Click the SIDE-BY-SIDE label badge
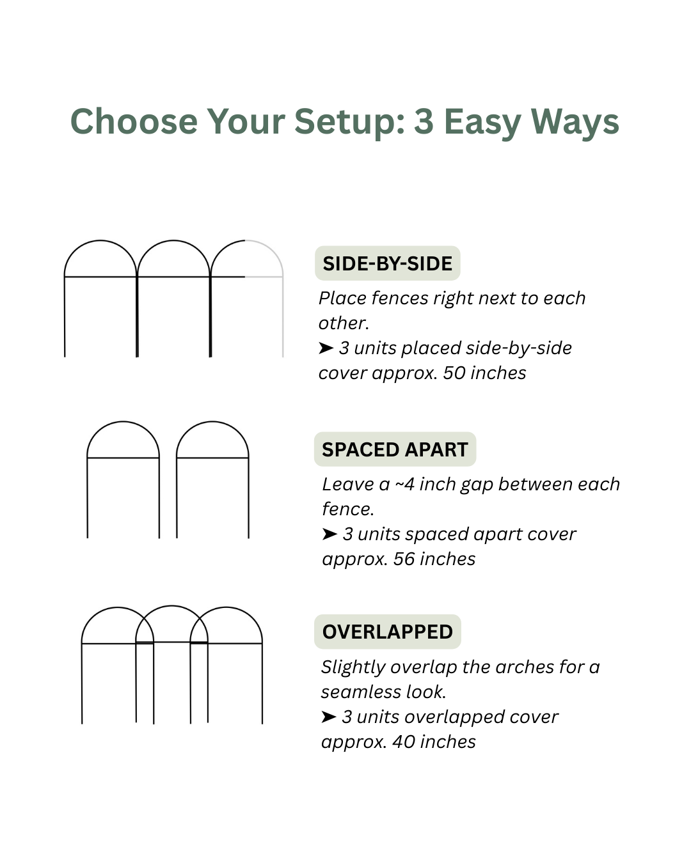coord(387,263)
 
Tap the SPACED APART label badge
coord(395,449)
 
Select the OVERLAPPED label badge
coord(388,632)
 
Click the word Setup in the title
coord(350,122)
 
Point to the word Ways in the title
coord(575,122)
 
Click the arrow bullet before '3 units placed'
coord(326,348)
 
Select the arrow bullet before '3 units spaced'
coord(330,534)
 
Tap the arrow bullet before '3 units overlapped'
coord(328,717)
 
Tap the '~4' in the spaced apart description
coord(405,485)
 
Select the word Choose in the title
coord(134,121)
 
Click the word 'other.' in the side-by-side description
coord(344,323)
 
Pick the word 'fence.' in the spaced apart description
coord(348,509)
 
